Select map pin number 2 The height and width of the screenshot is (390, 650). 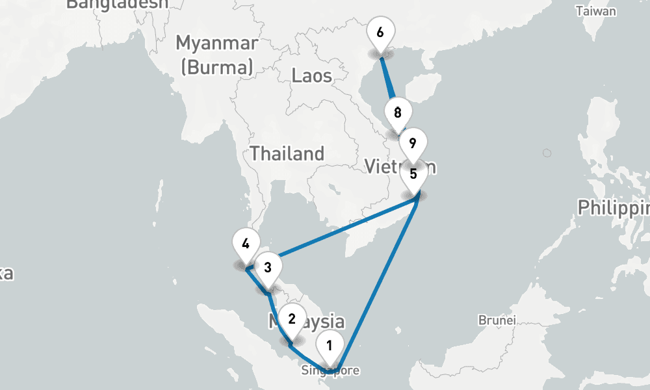tap(292, 319)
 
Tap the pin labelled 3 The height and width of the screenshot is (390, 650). tap(267, 266)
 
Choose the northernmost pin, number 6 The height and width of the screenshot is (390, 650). tap(380, 32)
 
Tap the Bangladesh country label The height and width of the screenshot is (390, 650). tap(117, 4)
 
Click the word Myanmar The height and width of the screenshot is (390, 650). tap(216, 44)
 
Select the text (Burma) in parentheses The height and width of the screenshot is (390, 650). tap(216, 67)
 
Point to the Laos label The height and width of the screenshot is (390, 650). tap(312, 75)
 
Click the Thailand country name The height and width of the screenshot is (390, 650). tap(287, 154)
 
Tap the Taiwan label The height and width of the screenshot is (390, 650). tap(595, 11)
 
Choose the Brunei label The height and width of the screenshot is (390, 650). tap(497, 320)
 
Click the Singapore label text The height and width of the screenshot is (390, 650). tap(330, 371)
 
